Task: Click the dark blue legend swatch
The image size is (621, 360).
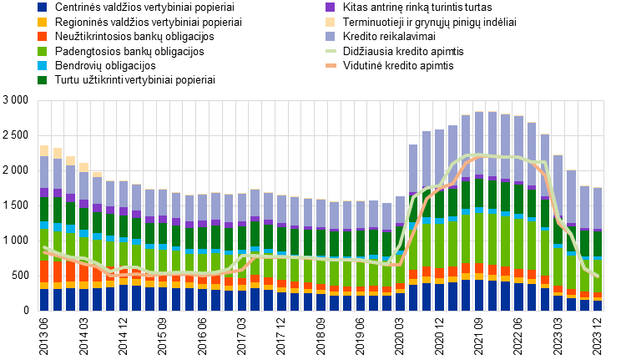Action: (x=42, y=7)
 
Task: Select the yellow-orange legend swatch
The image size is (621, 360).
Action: (x=42, y=22)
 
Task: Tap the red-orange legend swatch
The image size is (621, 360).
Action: (x=42, y=37)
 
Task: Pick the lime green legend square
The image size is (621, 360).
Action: (x=42, y=51)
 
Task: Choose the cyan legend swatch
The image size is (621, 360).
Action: (x=42, y=65)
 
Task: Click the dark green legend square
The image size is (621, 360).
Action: (x=42, y=80)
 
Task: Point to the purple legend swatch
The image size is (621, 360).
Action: (x=330, y=7)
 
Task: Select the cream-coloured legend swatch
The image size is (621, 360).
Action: (x=330, y=22)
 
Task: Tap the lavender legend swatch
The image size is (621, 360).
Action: (x=330, y=37)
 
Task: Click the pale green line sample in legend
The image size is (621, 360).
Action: (x=331, y=51)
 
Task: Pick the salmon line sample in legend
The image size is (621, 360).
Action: (x=331, y=65)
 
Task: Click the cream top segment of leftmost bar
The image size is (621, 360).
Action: (x=44, y=150)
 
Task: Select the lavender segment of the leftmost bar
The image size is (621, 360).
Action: (x=44, y=172)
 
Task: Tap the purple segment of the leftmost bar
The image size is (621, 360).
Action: (x=44, y=192)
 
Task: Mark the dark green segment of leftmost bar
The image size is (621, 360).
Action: (x=44, y=209)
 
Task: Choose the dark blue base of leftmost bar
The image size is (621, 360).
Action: (x=44, y=300)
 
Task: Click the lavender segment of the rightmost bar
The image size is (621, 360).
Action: (x=597, y=208)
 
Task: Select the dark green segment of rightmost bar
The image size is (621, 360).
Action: (x=597, y=244)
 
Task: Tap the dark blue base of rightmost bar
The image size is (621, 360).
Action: (x=597, y=306)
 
